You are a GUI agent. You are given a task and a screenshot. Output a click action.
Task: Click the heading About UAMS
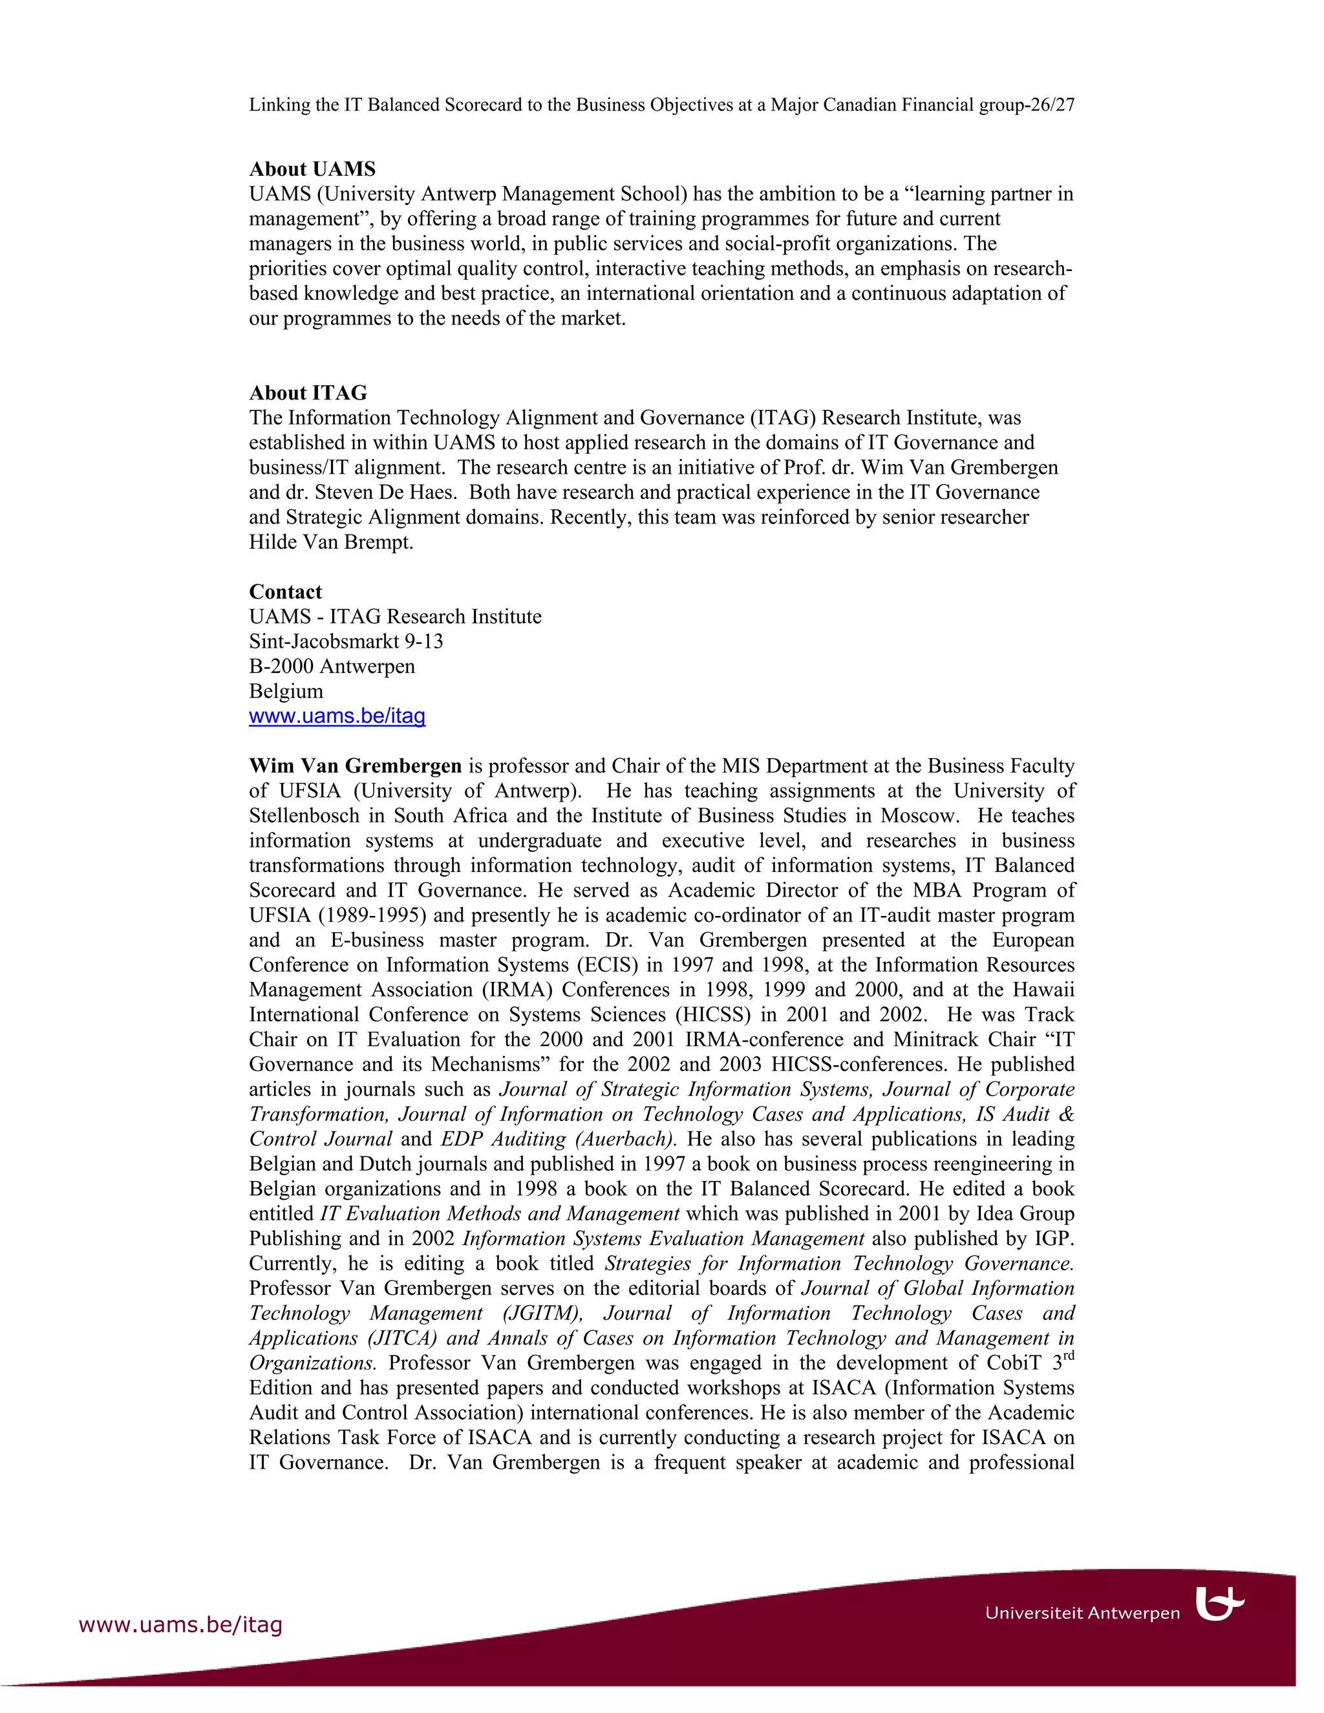pyautogui.click(x=312, y=169)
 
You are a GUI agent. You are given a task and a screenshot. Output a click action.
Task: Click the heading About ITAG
pyautogui.click(x=308, y=393)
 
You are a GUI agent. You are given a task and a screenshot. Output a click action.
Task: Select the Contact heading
pyautogui.click(x=286, y=591)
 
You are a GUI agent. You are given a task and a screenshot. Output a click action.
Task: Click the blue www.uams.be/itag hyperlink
pyautogui.click(x=337, y=716)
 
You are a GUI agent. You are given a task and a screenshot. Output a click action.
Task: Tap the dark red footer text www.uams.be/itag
pyautogui.click(x=180, y=1624)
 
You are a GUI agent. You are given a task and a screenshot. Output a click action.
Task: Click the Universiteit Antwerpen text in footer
pyautogui.click(x=1082, y=1613)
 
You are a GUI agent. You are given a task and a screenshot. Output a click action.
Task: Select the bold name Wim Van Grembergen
pyautogui.click(x=356, y=765)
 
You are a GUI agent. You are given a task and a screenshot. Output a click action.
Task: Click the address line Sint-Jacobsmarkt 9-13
pyautogui.click(x=346, y=642)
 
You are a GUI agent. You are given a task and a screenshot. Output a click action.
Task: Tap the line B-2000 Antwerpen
pyautogui.click(x=332, y=666)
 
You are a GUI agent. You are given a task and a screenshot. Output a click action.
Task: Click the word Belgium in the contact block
pyautogui.click(x=286, y=691)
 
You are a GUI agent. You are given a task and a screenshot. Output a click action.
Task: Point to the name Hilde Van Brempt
pyautogui.click(x=330, y=542)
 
